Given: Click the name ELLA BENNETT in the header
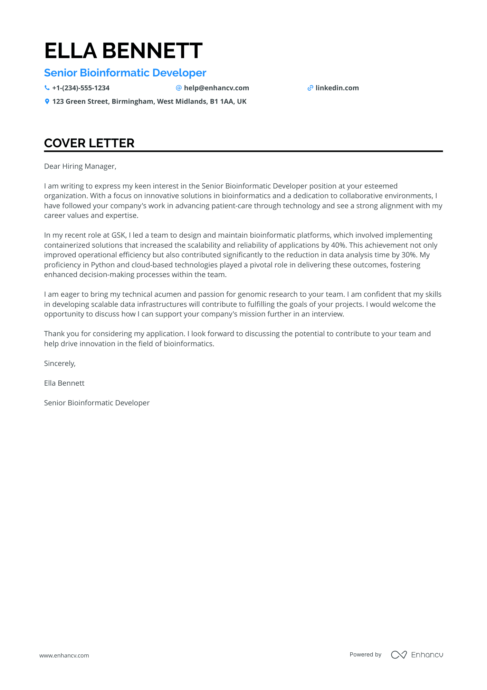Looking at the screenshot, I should [123, 51].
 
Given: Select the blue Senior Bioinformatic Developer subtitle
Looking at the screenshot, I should [125, 73].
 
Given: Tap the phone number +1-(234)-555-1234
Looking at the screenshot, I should [81, 88].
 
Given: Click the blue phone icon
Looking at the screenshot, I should [47, 88].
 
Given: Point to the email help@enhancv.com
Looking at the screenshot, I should [216, 88].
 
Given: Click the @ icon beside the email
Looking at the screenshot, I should [179, 88].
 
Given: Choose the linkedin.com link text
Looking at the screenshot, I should [337, 88].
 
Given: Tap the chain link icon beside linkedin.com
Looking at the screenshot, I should [310, 88].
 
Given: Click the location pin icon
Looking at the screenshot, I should [47, 102].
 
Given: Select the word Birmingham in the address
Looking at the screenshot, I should [133, 102].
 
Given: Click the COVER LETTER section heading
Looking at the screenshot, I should [89, 143].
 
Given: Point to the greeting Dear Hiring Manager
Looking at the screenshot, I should [80, 166].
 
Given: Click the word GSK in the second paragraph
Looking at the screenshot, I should [118, 235].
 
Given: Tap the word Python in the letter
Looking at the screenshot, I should [103, 265].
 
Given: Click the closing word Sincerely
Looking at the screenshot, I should [59, 364].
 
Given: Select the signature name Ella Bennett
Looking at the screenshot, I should [64, 383].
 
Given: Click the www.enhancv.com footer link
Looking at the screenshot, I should [64, 655].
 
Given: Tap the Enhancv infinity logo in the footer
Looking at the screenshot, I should [399, 655].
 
